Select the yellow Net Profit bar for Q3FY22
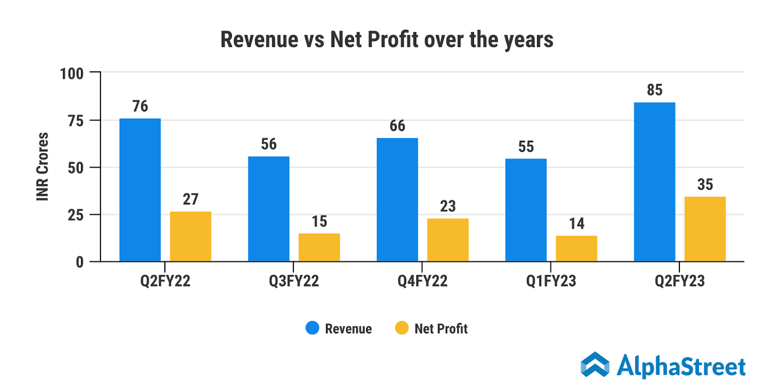click(x=319, y=247)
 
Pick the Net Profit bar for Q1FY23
click(x=576, y=248)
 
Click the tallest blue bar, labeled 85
click(x=655, y=182)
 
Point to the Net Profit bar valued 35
click(x=705, y=229)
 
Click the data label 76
click(x=140, y=106)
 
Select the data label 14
click(x=576, y=223)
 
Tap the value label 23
click(x=448, y=206)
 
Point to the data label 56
click(x=268, y=144)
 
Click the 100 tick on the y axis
click(x=72, y=74)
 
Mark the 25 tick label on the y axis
click(x=76, y=215)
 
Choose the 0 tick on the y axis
click(x=80, y=262)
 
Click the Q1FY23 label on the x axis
click(x=551, y=281)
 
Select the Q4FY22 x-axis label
click(x=422, y=281)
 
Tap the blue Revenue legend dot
click(x=312, y=328)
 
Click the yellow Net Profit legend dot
click(x=402, y=328)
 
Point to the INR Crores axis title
click(x=43, y=167)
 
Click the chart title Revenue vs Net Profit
click(x=387, y=40)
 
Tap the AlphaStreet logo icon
click(x=595, y=365)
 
